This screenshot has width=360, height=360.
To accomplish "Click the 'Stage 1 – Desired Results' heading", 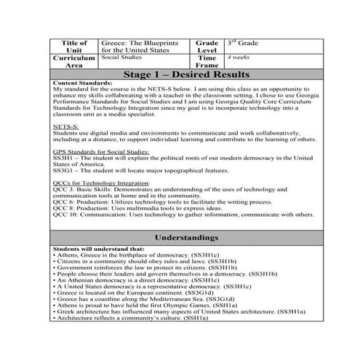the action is pos(187,75).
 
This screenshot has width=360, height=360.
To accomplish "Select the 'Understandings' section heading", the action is pos(187,238).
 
